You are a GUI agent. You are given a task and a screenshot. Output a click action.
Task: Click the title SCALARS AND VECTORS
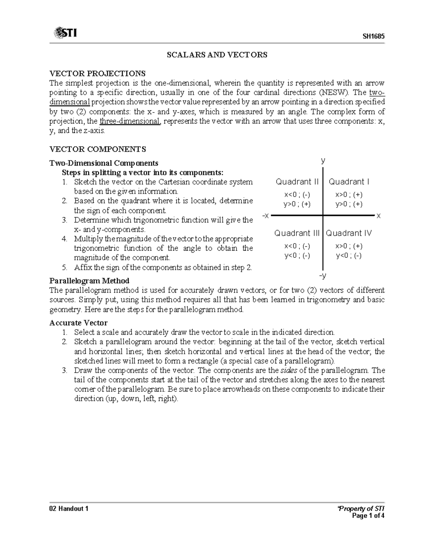coord(217,55)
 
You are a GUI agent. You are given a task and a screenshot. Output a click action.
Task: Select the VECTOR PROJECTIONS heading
coord(97,74)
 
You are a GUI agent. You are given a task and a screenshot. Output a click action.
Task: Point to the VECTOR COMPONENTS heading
coord(98,149)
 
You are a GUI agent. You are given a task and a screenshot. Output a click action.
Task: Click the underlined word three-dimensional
coord(130,122)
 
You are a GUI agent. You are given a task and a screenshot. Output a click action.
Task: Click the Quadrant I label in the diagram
coord(349,182)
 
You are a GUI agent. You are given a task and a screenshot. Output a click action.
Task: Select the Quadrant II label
coord(297,182)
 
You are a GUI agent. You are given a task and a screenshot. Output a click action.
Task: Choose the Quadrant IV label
coord(349,233)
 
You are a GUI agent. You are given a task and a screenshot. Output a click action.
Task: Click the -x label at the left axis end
coord(266,216)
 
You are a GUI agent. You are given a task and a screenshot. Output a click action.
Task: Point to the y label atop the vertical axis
coord(323,161)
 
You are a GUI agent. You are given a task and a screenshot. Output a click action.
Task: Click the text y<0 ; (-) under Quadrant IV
coord(349,256)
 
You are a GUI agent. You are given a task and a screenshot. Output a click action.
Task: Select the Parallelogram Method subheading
coord(89,281)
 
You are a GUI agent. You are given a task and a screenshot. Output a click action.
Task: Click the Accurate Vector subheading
coord(78,323)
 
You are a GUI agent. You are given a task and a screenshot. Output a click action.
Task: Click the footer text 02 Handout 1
coord(69,509)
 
